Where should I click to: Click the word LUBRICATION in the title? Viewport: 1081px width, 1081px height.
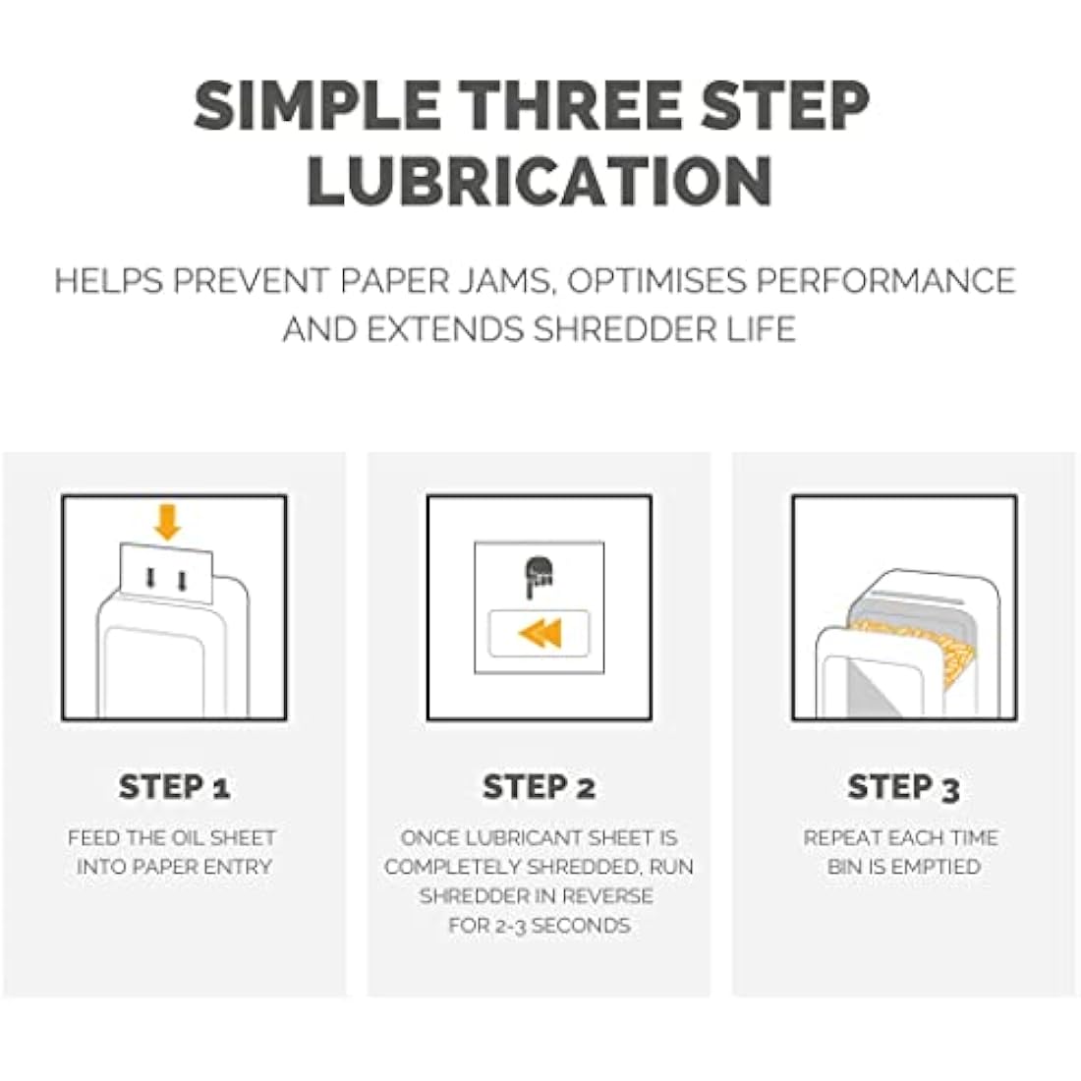coord(540,180)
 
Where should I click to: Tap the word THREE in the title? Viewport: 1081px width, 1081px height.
coord(570,105)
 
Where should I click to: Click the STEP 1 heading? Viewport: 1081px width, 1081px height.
coord(174,786)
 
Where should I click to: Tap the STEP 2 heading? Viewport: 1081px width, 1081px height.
coord(540,786)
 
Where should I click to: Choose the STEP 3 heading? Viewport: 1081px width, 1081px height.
coord(904,787)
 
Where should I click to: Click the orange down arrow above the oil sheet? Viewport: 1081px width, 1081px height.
coord(167,522)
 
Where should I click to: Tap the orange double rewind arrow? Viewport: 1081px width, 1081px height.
coord(540,633)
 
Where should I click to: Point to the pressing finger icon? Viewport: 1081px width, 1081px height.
coord(539,577)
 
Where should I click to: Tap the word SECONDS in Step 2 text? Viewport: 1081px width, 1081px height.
coord(581,925)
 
